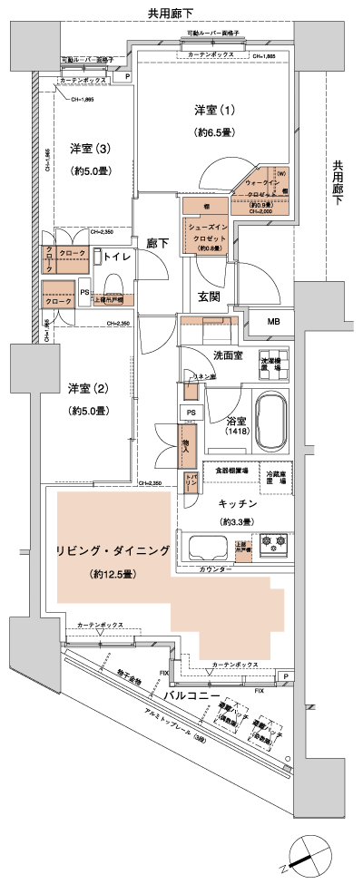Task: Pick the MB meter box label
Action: [273, 322]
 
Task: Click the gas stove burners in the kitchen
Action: [273, 547]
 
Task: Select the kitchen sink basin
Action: [206, 548]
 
